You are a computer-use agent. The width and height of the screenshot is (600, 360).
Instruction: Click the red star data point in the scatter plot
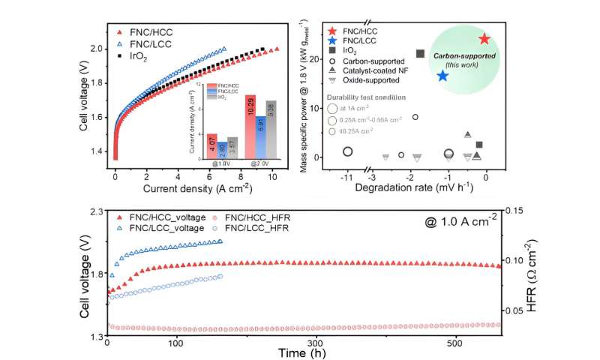(484, 39)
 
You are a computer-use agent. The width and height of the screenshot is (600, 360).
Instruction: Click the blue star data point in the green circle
(442, 76)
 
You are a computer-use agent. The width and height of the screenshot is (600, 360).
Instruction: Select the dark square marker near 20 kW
(420, 53)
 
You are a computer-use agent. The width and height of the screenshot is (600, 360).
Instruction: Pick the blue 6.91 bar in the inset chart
(260, 131)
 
